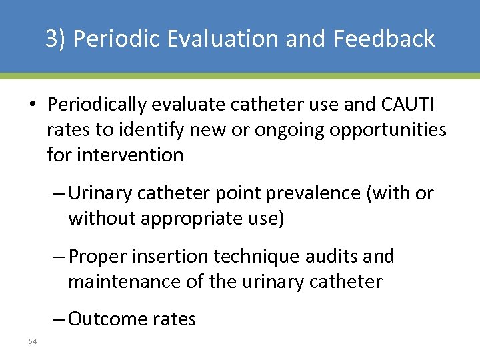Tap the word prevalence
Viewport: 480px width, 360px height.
(316, 193)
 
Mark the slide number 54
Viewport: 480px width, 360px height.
(33, 341)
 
